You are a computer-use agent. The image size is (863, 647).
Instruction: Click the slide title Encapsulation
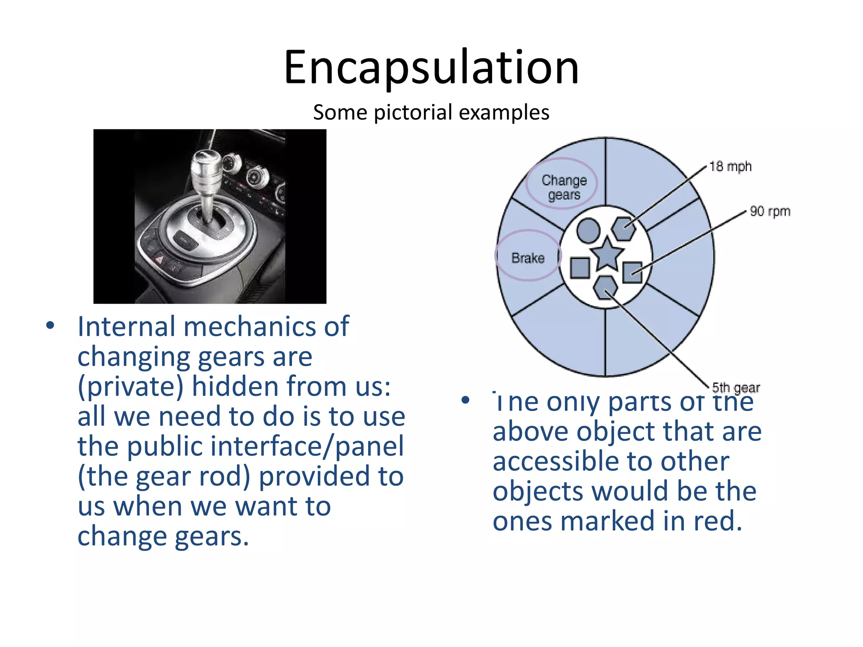pyautogui.click(x=431, y=67)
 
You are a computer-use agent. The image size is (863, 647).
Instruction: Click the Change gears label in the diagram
pyautogui.click(x=564, y=187)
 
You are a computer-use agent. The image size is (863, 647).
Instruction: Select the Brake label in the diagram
pyautogui.click(x=528, y=258)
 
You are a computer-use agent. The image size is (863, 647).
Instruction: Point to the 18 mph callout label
pyautogui.click(x=730, y=167)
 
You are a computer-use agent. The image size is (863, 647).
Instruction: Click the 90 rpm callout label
pyautogui.click(x=769, y=211)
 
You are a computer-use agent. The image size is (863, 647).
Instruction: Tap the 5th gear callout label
pyautogui.click(x=736, y=388)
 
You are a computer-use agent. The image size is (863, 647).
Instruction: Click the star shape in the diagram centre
pyautogui.click(x=606, y=254)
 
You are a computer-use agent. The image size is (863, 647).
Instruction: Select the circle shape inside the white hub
pyautogui.click(x=588, y=230)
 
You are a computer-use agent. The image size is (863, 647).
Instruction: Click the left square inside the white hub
pyautogui.click(x=580, y=268)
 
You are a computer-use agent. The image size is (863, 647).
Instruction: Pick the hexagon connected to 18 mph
pyautogui.click(x=624, y=229)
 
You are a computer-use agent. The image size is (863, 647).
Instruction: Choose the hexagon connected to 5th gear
pyautogui.click(x=606, y=288)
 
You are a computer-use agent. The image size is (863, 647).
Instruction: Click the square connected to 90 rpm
pyautogui.click(x=632, y=272)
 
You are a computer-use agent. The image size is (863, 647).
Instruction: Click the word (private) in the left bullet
pyautogui.click(x=131, y=387)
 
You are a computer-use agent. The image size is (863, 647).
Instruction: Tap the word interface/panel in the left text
pyautogui.click(x=307, y=446)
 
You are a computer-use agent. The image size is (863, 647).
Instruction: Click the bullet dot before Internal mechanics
pyautogui.click(x=51, y=326)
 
